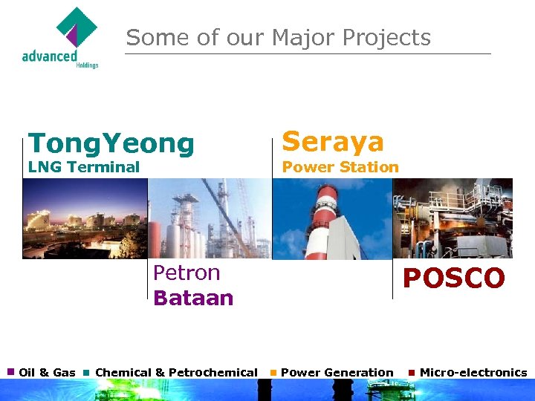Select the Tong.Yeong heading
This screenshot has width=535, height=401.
pyautogui.click(x=111, y=143)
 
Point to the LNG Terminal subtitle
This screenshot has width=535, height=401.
pyautogui.click(x=83, y=167)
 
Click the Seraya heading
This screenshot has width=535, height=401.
pyautogui.click(x=333, y=141)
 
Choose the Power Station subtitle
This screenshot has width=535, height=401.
pyautogui.click(x=340, y=167)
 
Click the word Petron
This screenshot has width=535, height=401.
pyautogui.click(x=187, y=273)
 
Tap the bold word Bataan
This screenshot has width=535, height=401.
pyautogui.click(x=193, y=298)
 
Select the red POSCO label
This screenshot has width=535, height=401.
pyautogui.click(x=453, y=278)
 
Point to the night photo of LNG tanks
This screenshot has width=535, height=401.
pyautogui.click(x=84, y=218)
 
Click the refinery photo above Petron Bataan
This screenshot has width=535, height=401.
pyautogui.click(x=210, y=218)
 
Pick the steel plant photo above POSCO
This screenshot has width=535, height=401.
pyautogui.click(x=452, y=218)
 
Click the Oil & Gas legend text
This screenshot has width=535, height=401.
pyautogui.click(x=47, y=372)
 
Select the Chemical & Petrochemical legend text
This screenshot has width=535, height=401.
pyautogui.click(x=176, y=372)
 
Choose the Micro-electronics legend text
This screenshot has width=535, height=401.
pyautogui.click(x=473, y=372)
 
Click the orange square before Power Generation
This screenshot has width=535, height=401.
pyautogui.click(x=273, y=372)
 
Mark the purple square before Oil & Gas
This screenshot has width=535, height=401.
pyautogui.click(x=10, y=371)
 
